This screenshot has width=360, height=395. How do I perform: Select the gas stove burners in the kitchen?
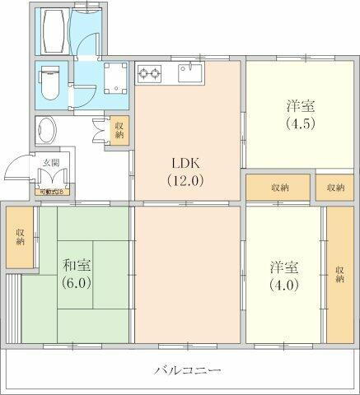(x=152, y=74)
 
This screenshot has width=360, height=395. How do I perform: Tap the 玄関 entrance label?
(x=51, y=162)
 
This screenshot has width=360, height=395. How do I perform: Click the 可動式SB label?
(x=52, y=193)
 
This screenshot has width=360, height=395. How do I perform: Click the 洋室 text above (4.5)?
(x=300, y=107)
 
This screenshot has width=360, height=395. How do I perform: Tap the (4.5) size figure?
(x=300, y=124)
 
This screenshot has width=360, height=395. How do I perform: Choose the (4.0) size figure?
(x=284, y=286)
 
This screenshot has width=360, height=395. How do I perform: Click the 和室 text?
(x=77, y=265)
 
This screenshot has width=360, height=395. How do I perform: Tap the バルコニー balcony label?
(x=187, y=371)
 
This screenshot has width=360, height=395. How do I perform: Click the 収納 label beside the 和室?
(x=19, y=236)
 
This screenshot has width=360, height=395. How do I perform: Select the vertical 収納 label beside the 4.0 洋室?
(x=339, y=274)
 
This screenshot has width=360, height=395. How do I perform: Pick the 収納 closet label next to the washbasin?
(x=119, y=130)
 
